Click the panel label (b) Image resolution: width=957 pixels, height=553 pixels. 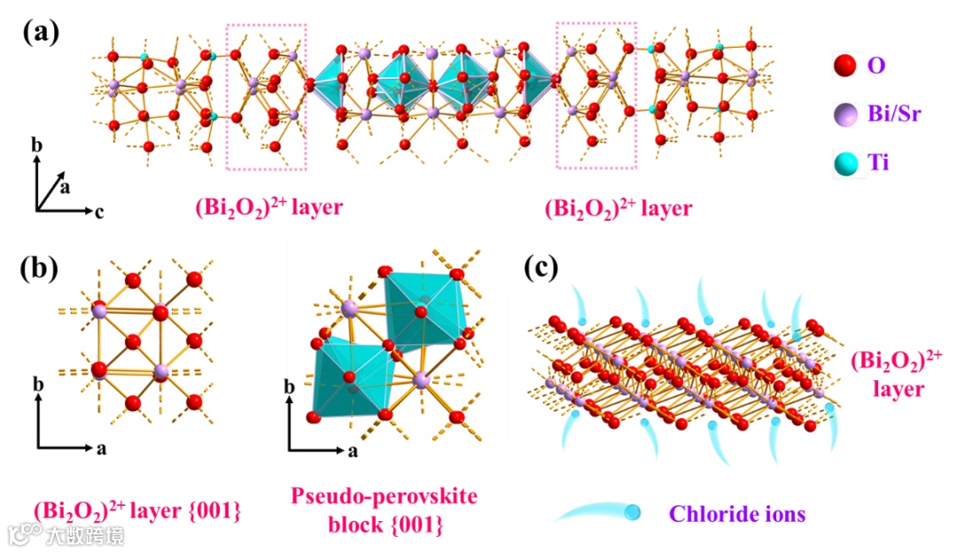(x=41, y=267)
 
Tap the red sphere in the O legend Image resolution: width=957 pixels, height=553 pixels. (x=844, y=65)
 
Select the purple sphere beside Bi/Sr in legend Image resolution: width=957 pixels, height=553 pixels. (x=845, y=113)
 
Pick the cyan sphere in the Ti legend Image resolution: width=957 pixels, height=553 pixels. (x=845, y=162)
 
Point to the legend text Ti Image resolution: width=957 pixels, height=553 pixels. (x=880, y=162)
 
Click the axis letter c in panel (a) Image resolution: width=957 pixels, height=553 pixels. (x=101, y=212)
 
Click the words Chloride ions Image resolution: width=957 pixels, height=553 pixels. (x=737, y=513)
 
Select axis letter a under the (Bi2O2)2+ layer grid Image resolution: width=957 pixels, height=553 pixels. (x=101, y=448)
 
